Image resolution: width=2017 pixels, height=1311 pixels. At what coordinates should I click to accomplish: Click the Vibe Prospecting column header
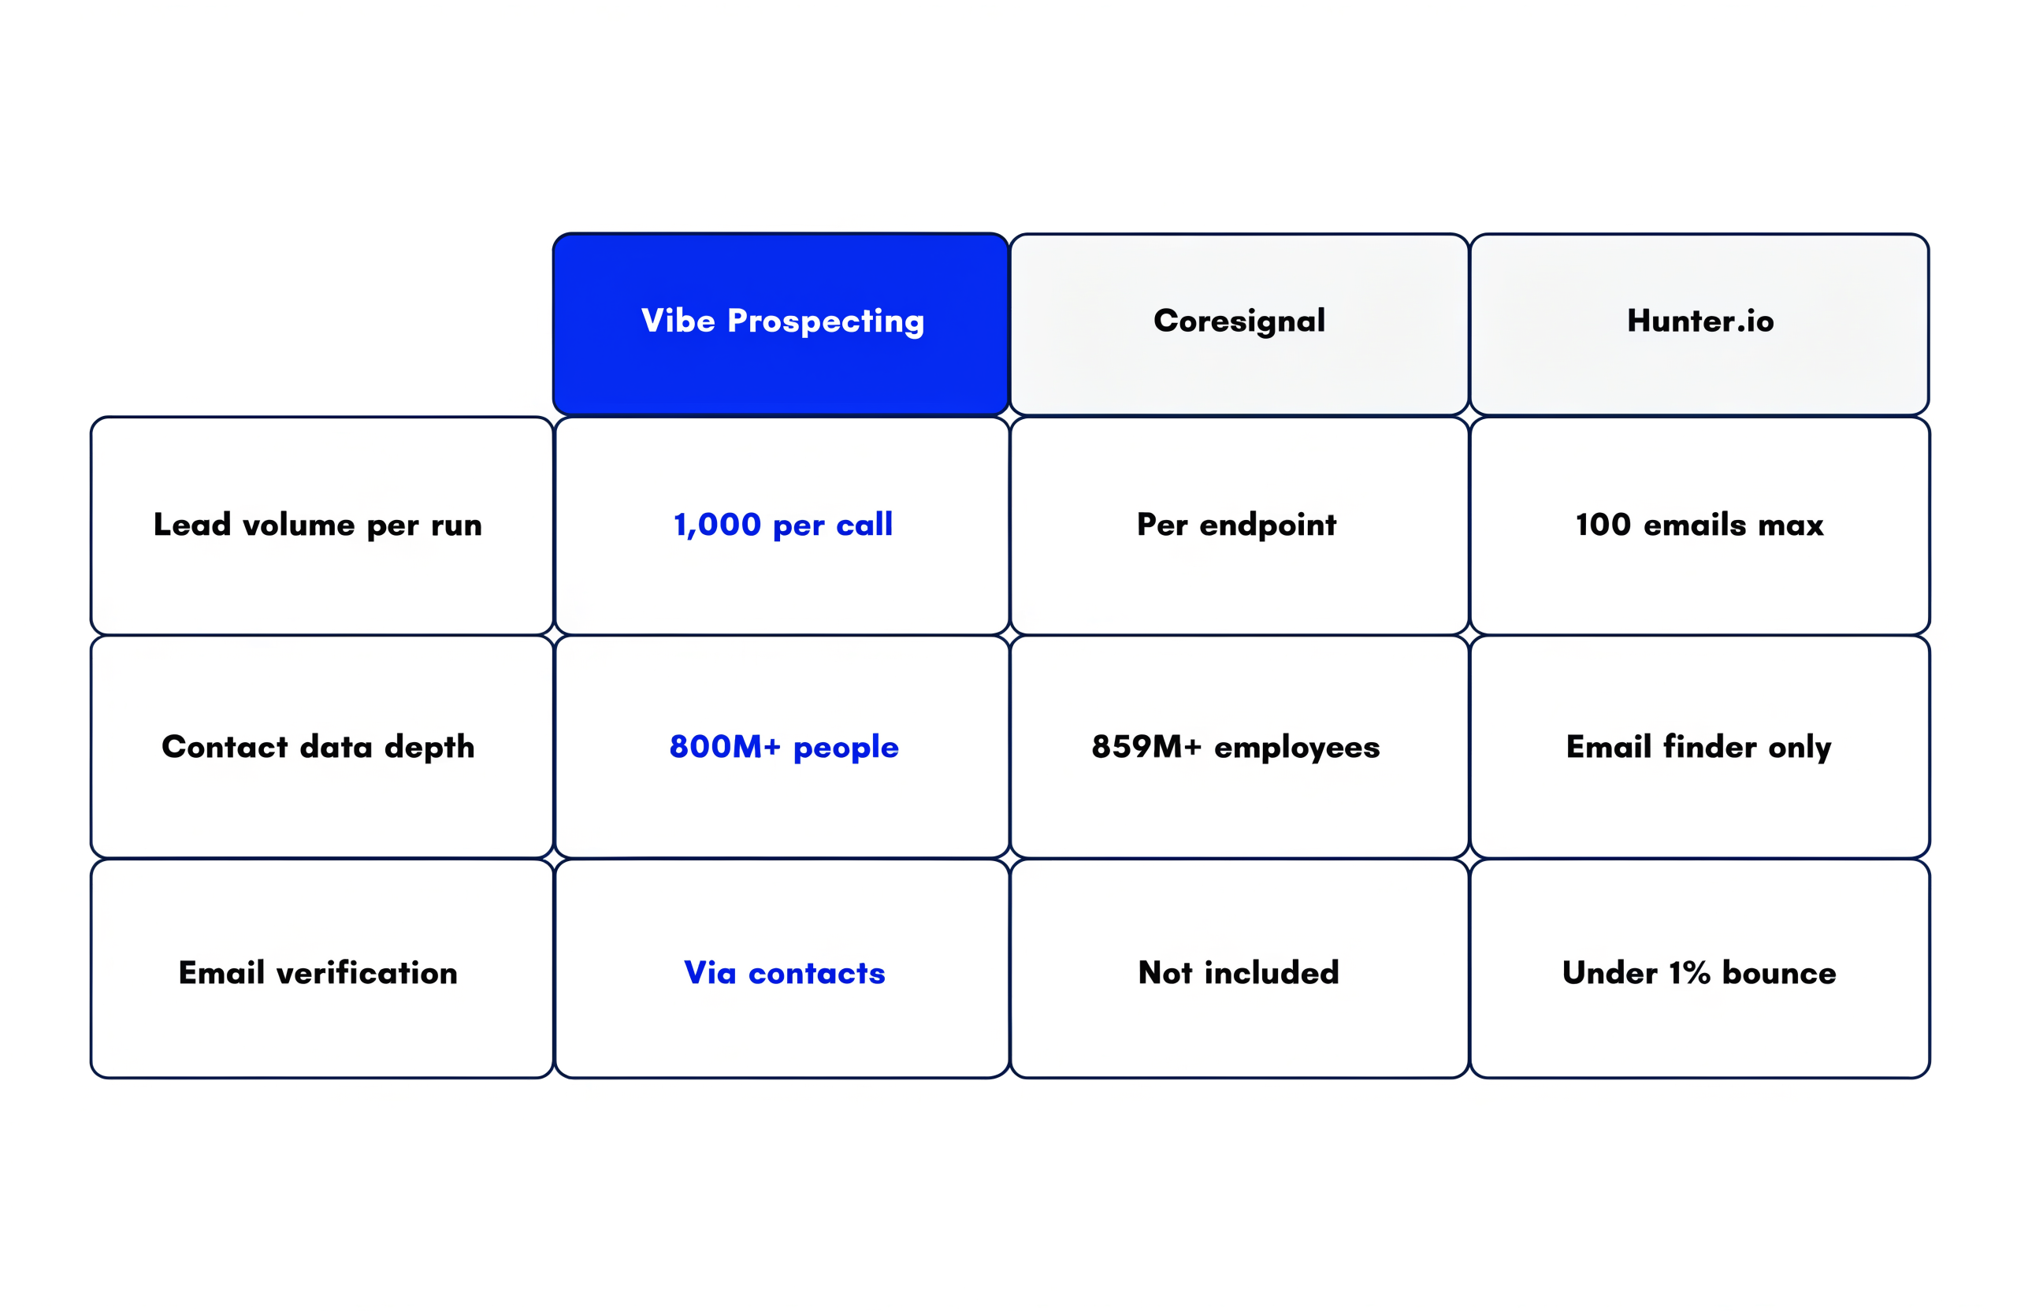(781, 324)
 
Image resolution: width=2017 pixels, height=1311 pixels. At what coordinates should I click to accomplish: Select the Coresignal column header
(1239, 324)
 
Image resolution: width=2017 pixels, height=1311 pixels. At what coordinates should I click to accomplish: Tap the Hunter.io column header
(1699, 324)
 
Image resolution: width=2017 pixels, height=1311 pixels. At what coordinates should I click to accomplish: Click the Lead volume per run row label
(322, 526)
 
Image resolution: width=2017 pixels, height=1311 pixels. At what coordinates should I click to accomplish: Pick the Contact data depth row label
(322, 747)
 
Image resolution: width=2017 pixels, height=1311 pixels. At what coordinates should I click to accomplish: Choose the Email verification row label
(322, 968)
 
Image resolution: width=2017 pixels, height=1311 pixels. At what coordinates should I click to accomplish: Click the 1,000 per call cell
(782, 526)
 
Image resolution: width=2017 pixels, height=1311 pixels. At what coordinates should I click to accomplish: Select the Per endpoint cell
(1239, 526)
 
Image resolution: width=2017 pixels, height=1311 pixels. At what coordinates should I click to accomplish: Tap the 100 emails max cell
(1700, 526)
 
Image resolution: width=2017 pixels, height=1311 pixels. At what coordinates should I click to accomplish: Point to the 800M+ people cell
(782, 747)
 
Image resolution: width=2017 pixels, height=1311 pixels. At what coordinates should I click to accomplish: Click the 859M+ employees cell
(1239, 747)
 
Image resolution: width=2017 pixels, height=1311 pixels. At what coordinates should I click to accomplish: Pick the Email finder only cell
(1700, 747)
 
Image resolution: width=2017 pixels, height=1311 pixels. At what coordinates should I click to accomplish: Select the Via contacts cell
(782, 968)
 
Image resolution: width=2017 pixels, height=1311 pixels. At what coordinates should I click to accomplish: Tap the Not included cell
(1239, 968)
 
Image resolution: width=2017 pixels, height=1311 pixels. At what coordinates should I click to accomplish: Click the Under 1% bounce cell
(1700, 968)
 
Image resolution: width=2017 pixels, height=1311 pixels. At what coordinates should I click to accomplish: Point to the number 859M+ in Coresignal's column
(1146, 747)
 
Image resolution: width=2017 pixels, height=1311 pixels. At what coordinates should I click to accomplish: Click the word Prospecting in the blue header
(826, 322)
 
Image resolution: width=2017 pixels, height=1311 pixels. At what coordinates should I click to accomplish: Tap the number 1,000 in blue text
(717, 526)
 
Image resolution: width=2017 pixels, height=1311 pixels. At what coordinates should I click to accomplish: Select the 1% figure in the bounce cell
(1689, 973)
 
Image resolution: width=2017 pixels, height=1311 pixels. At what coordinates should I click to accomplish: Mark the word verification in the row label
(367, 973)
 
